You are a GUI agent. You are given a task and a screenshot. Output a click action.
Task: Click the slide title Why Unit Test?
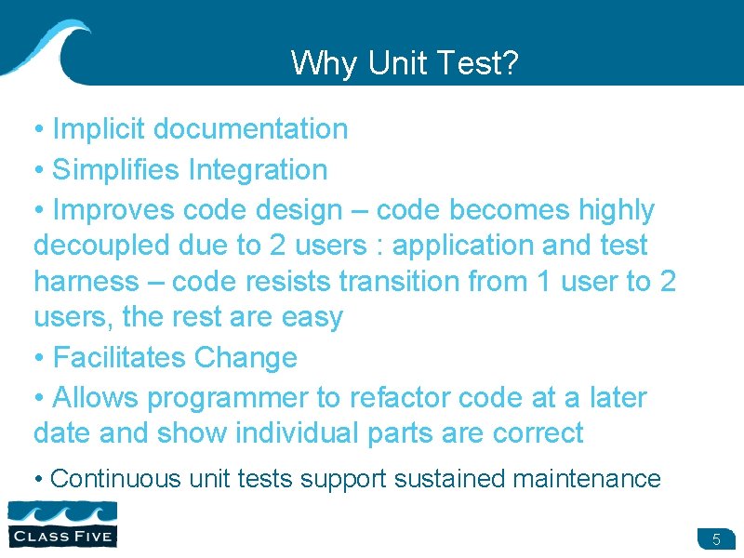[x=405, y=63]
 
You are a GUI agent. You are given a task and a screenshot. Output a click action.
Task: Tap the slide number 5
[x=716, y=539]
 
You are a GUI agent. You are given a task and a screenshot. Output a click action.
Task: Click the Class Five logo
[x=61, y=523]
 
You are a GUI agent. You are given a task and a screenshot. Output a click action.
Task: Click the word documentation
[x=250, y=129]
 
